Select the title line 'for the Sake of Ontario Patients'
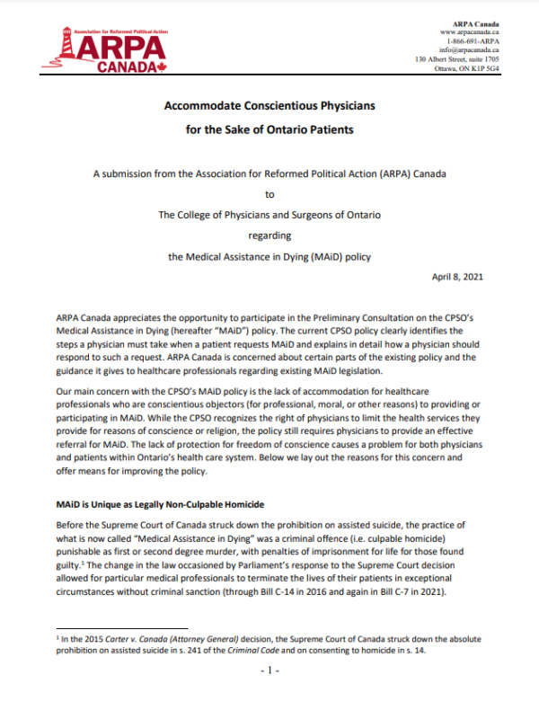[x=269, y=129]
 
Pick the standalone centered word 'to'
[x=269, y=192]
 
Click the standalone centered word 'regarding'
[x=269, y=235]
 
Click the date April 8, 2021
[x=458, y=277]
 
